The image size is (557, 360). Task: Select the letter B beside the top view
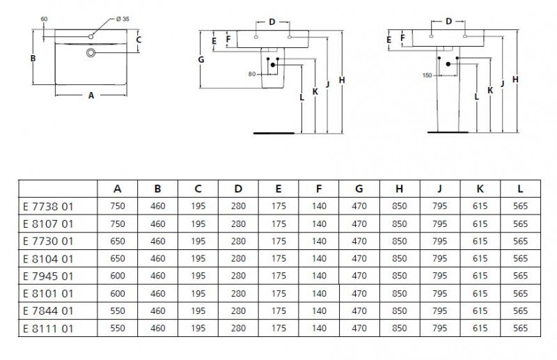pyautogui.click(x=33, y=58)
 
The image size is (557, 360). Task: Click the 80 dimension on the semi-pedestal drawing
pyautogui.click(x=252, y=73)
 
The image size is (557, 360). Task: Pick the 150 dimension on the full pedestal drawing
pyautogui.click(x=427, y=75)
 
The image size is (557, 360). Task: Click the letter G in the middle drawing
pyautogui.click(x=201, y=60)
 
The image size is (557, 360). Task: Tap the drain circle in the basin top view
pyautogui.click(x=91, y=52)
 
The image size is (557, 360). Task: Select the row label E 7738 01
pyautogui.click(x=48, y=206)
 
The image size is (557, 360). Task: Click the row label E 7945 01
pyautogui.click(x=48, y=274)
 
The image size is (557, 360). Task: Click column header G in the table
pyautogui.click(x=359, y=188)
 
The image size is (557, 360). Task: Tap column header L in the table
pyautogui.click(x=521, y=188)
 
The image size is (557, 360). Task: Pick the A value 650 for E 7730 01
pyautogui.click(x=117, y=240)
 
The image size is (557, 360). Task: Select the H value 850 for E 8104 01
pyautogui.click(x=400, y=258)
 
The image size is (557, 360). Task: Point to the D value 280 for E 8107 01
pyautogui.click(x=238, y=224)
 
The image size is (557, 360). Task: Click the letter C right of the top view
pyautogui.click(x=139, y=40)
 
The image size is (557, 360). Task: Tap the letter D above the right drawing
pyautogui.click(x=448, y=21)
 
